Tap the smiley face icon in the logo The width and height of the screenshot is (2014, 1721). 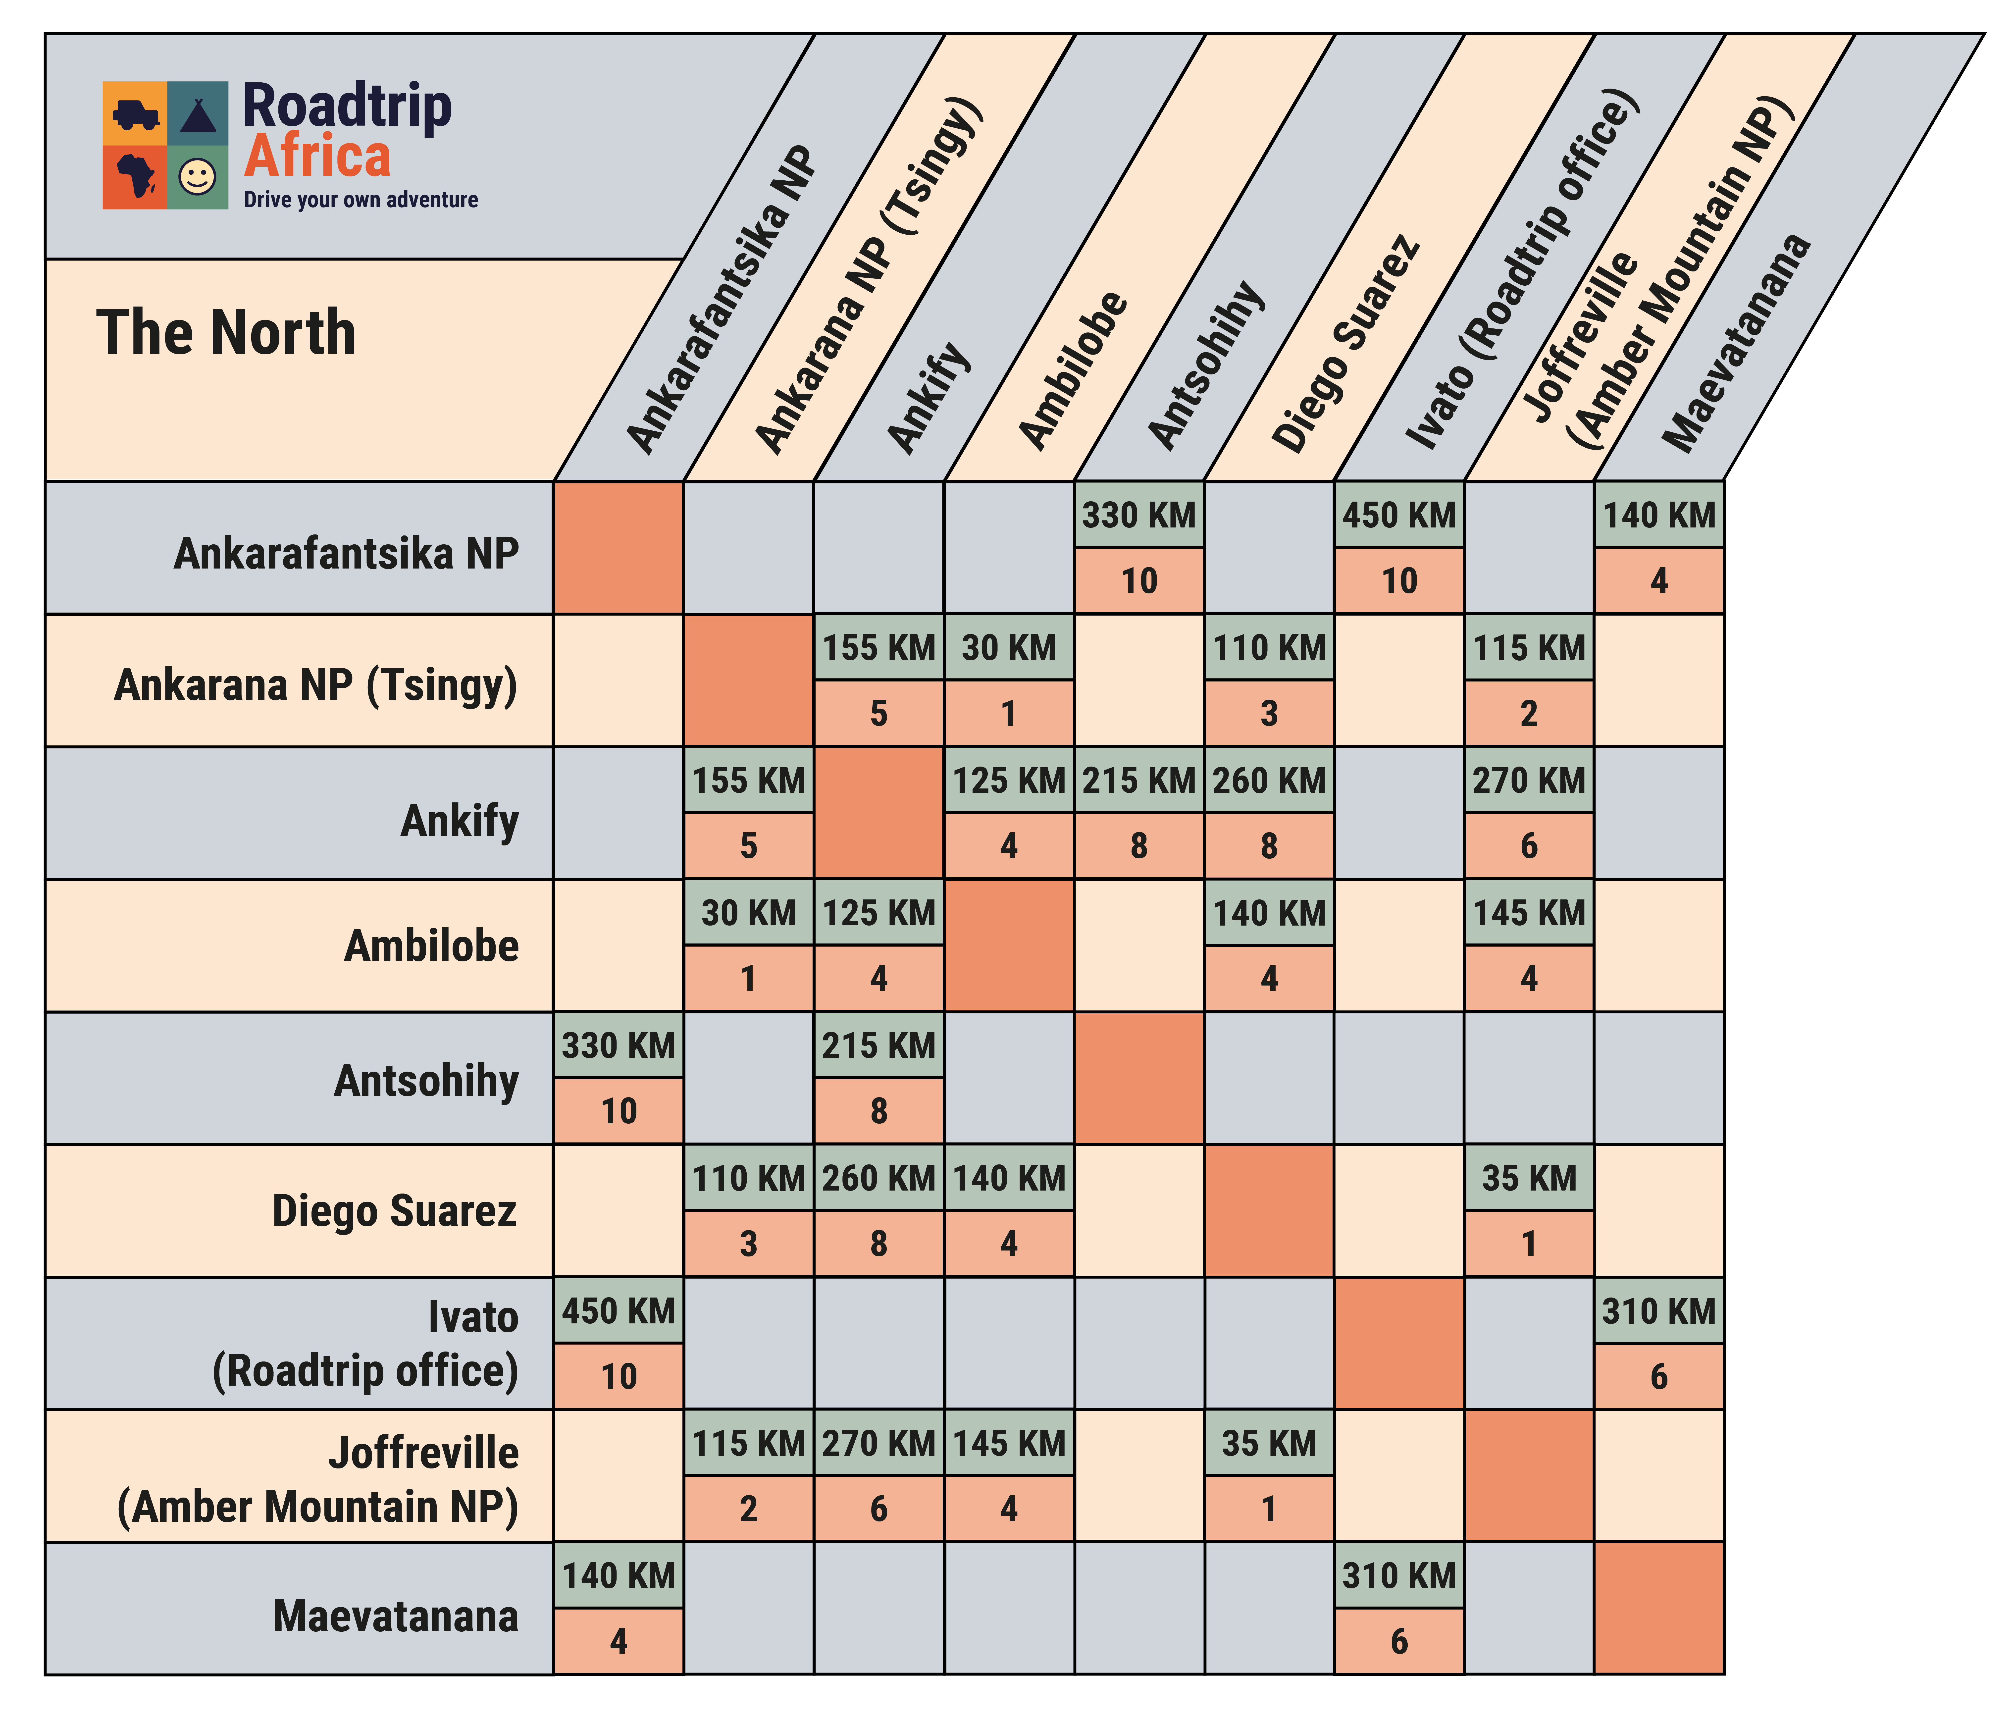click(x=197, y=177)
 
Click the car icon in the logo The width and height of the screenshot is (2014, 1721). click(x=135, y=115)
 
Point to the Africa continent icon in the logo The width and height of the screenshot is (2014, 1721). click(x=135, y=177)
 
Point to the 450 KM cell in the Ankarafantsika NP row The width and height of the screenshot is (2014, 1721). click(x=1399, y=515)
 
